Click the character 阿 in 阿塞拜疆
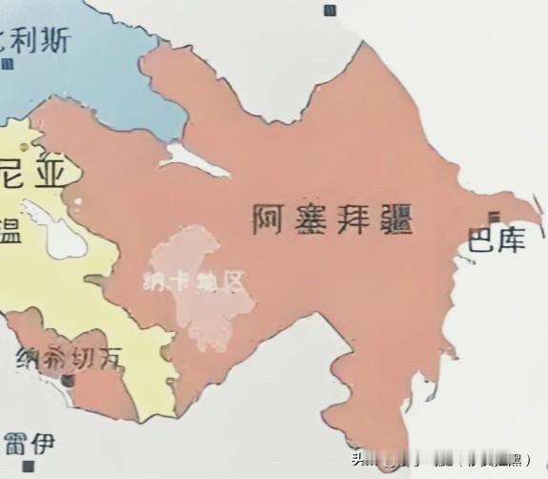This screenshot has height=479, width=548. (x=270, y=219)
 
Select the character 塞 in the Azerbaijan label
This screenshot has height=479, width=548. (x=310, y=219)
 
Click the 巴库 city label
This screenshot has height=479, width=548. (x=497, y=240)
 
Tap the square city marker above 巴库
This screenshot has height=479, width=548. (x=494, y=216)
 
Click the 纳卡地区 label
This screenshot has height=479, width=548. (x=195, y=282)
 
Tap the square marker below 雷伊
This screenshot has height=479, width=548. (x=29, y=468)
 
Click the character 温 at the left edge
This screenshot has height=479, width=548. (x=8, y=230)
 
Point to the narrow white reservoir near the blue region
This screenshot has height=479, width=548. (x=196, y=159)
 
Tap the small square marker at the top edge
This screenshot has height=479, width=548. (x=330, y=10)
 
